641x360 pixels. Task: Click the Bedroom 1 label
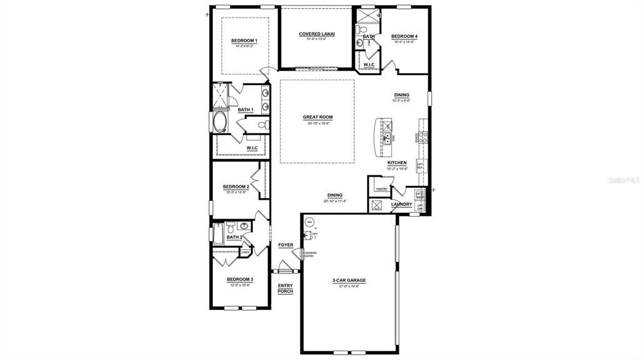coord(244,41)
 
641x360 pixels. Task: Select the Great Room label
coord(317,117)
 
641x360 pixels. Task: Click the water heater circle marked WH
coord(309,222)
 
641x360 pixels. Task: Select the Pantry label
coord(382,188)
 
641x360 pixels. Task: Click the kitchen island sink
coord(387,138)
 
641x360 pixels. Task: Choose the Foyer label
coord(285,245)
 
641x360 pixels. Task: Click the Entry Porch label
coord(285,289)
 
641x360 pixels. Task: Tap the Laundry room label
coord(401,204)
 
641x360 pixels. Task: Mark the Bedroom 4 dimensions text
coord(404,42)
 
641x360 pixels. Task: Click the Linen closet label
coord(245,252)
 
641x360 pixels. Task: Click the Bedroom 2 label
coord(236,187)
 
